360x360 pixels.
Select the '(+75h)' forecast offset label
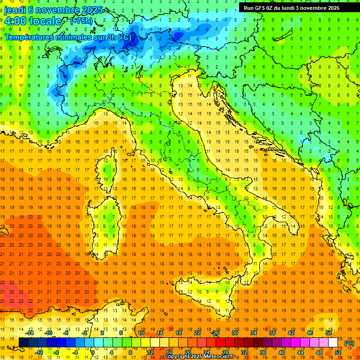[x=81, y=21]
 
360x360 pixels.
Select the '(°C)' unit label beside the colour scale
[x=349, y=343]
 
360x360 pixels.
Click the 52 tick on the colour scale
[x=338, y=352]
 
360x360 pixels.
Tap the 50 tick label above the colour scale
[x=328, y=333]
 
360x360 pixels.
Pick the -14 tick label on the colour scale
[x=31, y=333]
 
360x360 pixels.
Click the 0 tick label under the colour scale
[x=93, y=352]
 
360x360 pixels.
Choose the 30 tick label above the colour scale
[x=234, y=333]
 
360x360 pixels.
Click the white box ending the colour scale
[x=333, y=343]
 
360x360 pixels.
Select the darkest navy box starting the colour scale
[x=23, y=343]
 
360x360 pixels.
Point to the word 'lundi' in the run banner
[x=293, y=7]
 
